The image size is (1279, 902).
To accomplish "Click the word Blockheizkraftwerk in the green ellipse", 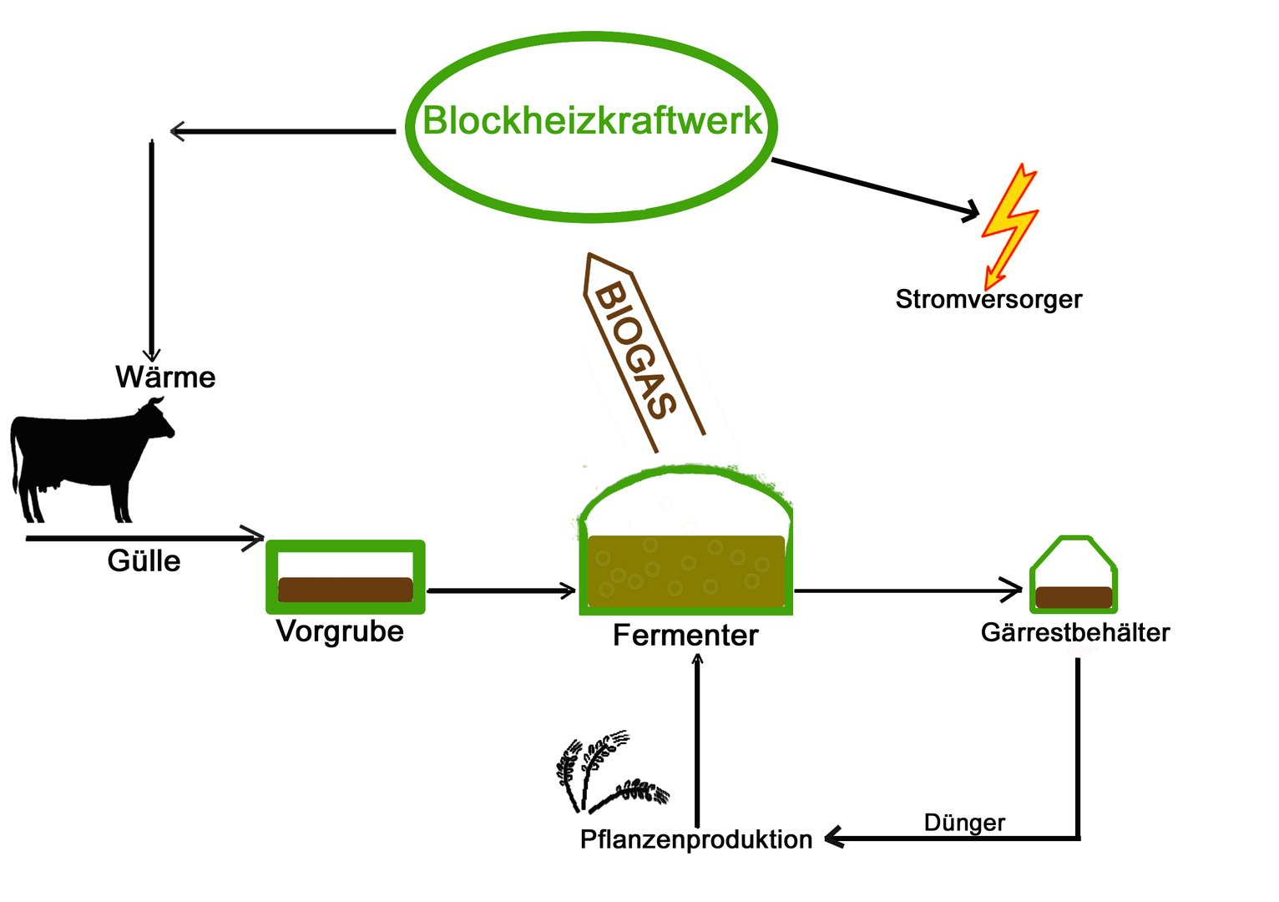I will (591, 121).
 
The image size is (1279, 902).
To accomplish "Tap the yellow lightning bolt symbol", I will (1009, 224).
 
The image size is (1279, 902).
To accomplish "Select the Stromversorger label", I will (988, 299).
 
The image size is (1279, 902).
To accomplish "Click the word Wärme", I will (165, 378).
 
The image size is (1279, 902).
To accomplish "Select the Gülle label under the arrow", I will (144, 560).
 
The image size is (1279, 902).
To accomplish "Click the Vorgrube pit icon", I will (345, 577).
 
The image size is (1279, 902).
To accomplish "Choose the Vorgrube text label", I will (340, 631).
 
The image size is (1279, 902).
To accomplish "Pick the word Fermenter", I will (685, 636).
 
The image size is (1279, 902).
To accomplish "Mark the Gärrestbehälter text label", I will (1075, 632).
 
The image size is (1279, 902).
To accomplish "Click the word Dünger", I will (964, 823).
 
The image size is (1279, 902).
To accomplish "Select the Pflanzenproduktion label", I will (695, 839).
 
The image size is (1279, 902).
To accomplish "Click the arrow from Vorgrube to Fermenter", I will (501, 591).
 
